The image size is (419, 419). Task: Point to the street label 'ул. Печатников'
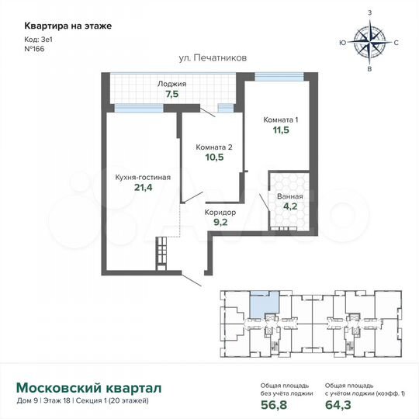208,59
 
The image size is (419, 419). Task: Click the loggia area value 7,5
171,95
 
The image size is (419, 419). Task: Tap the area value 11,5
279,130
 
